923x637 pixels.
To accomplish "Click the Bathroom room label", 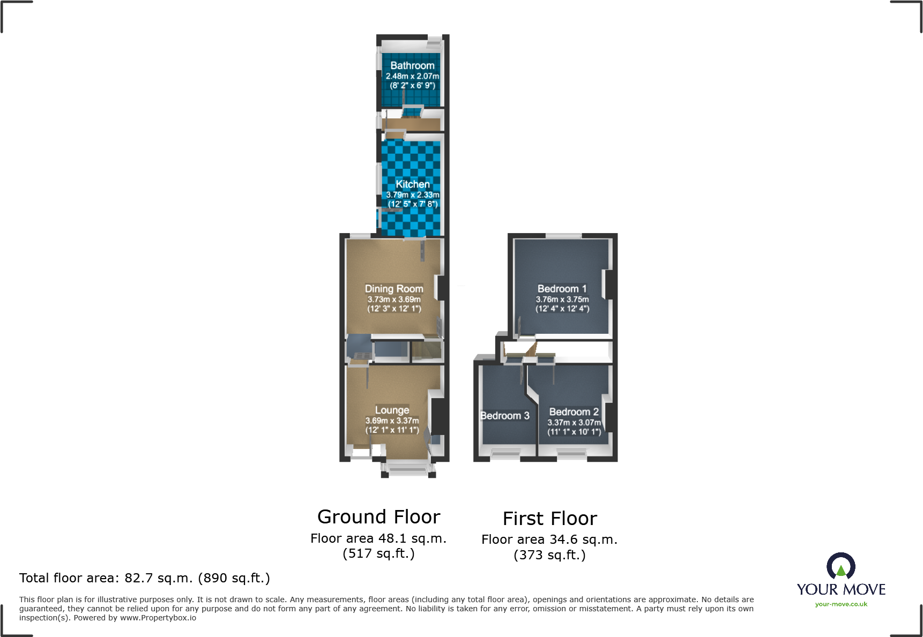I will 412,65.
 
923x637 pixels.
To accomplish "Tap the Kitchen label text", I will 412,184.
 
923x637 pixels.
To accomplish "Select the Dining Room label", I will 394,289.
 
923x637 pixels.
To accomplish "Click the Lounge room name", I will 392,410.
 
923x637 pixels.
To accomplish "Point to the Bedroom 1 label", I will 562,289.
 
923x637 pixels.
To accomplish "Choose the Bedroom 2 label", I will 574,412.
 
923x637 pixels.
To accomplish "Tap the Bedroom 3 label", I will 504,416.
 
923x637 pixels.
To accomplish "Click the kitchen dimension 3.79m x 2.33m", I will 412,195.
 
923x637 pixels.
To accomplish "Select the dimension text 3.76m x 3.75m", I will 562,299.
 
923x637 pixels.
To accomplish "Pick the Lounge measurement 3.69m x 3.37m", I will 392,421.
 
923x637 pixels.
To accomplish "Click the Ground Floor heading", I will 378,517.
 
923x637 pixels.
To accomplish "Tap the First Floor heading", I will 549,519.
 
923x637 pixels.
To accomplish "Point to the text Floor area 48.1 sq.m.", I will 378,538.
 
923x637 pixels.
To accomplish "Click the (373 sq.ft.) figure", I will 549,555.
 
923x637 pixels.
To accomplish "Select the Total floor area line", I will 144,578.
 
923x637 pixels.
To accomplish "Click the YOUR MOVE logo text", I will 840,589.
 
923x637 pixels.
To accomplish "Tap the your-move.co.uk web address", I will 840,604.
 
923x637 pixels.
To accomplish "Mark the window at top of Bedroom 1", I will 563,236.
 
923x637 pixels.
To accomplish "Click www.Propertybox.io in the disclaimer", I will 158,618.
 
